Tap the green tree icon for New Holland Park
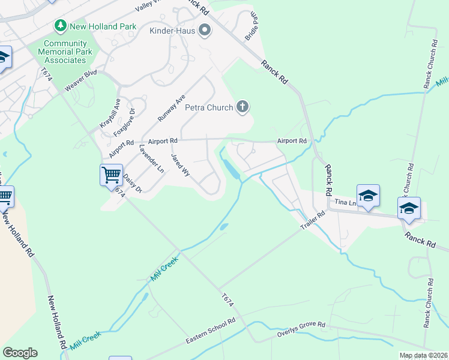[60, 26]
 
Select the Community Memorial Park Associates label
[65, 52]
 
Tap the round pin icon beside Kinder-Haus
[205, 30]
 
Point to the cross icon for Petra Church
[242, 107]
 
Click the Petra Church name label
[208, 108]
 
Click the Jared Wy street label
[181, 164]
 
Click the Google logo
[20, 353]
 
